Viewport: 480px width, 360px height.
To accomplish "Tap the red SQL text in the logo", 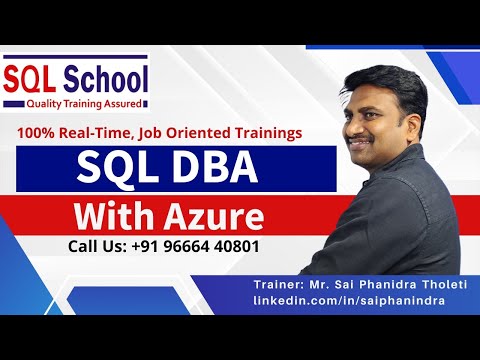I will click(31, 77).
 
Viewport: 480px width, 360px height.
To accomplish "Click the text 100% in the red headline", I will click(33, 132).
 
